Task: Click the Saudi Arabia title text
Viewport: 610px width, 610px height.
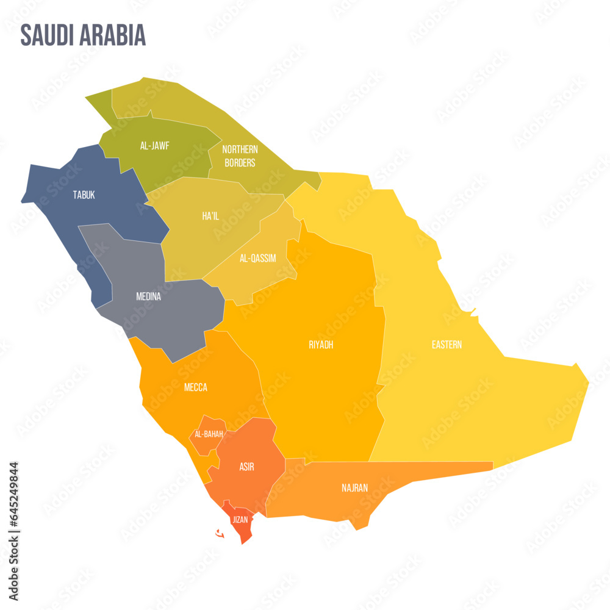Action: [83, 35]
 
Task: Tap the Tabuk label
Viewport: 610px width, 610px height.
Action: [84, 195]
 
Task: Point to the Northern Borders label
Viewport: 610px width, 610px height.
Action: [240, 156]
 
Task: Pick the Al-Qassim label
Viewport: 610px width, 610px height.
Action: [257, 258]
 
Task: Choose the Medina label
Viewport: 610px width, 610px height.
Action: [148, 297]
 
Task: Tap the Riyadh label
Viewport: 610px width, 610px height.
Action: [321, 345]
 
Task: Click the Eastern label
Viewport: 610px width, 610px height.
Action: [447, 345]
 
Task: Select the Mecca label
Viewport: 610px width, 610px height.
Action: [196, 387]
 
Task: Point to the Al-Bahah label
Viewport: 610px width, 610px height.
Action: [209, 434]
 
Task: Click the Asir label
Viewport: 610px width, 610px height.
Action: [246, 467]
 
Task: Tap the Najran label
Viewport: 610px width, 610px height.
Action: [354, 488]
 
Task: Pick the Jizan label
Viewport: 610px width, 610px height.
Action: [240, 520]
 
